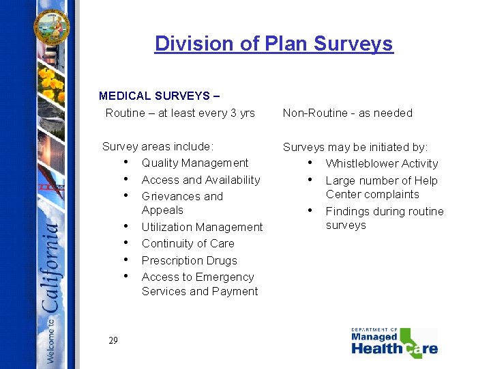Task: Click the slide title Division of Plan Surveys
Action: pos(273,44)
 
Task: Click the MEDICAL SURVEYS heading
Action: pos(158,96)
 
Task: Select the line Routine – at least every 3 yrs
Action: pos(180,113)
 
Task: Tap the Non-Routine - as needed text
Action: pos(347,113)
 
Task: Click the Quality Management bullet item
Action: pos(195,163)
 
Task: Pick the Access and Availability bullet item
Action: pos(200,180)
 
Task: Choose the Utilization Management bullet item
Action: pos(202,227)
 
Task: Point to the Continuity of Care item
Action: pos(188,243)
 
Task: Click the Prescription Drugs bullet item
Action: pos(189,260)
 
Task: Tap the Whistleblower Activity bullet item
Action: pos(381,163)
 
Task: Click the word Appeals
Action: pos(162,210)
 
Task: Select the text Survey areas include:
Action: pos(158,146)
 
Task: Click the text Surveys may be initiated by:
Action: pos(355,147)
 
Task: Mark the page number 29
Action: pos(113,340)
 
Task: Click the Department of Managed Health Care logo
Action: pos(394,342)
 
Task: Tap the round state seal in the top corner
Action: pos(53,25)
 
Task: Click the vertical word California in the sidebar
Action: pos(52,267)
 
